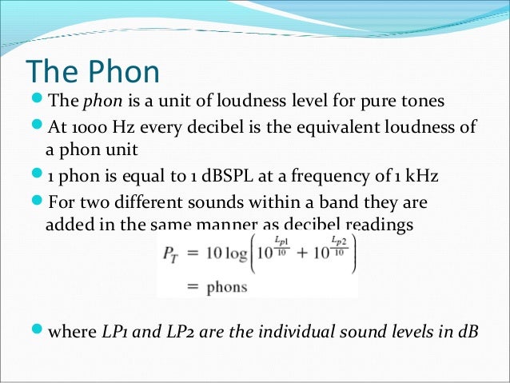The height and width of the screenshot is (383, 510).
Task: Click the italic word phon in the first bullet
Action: (98, 102)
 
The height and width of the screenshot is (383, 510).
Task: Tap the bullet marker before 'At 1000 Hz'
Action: (37, 128)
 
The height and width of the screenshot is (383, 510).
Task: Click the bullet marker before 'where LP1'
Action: (37, 332)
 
